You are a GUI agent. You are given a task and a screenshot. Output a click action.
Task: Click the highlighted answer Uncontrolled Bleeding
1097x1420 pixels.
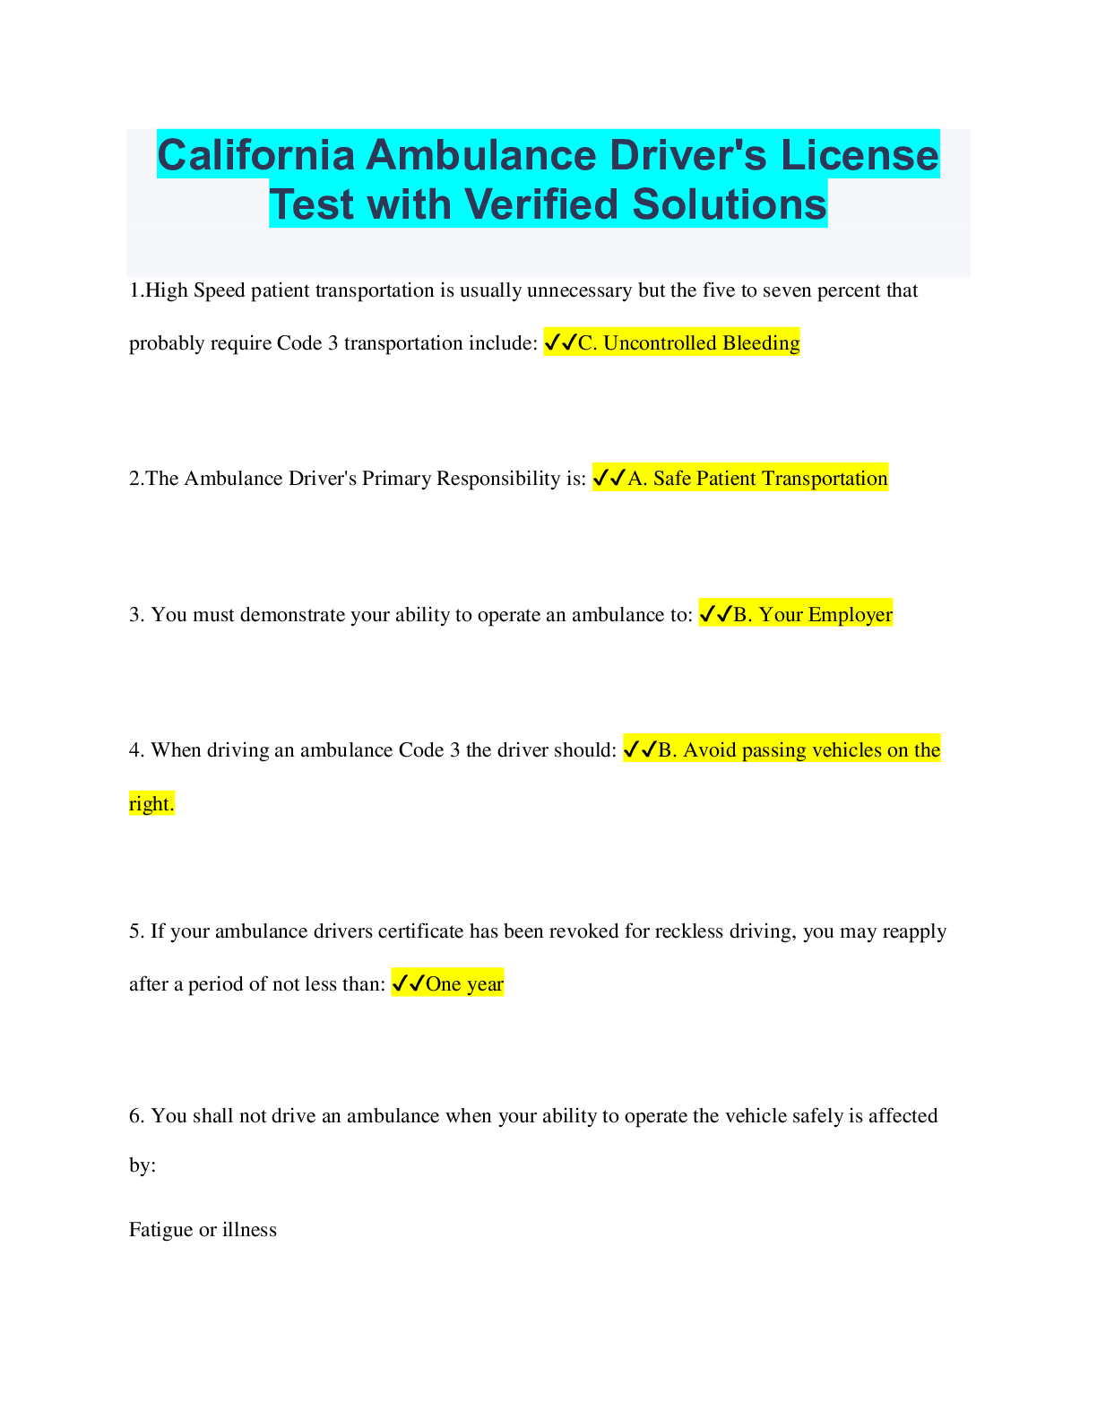point(688,343)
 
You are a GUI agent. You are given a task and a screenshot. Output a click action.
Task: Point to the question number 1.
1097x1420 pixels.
point(134,290)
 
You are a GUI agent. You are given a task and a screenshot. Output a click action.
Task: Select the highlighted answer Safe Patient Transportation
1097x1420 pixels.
point(757,479)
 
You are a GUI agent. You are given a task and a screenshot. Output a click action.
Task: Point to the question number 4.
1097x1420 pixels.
point(135,750)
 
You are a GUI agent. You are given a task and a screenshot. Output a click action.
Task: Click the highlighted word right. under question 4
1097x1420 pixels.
point(151,804)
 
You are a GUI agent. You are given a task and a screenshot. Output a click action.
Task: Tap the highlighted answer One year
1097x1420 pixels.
point(464,984)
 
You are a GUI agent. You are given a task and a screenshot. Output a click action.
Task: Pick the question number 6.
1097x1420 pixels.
point(136,1116)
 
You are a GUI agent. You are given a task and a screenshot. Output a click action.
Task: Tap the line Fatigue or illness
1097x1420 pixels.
point(203,1230)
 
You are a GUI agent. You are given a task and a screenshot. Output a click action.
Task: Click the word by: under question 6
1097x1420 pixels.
point(143,1165)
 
